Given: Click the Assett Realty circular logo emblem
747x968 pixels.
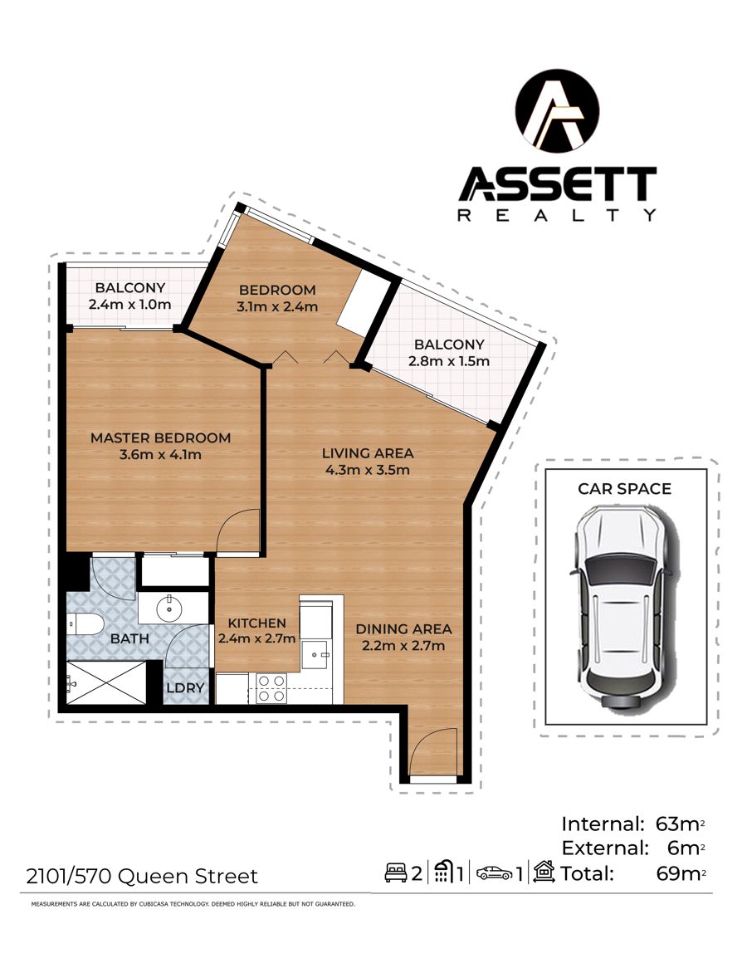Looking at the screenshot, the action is [557, 110].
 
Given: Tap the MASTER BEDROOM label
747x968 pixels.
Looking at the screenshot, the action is [160, 438].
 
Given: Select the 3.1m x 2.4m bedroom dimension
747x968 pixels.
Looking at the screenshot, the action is [277, 306].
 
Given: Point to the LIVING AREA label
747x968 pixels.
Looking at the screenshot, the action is [368, 453].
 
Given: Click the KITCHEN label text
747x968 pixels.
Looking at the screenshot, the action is [256, 623].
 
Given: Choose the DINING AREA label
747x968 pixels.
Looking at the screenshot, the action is [403, 629].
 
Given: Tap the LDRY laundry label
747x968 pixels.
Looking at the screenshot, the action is [185, 687].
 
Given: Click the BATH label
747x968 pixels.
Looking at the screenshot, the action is [129, 638].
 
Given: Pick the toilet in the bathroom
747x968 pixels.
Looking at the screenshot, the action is [84, 624].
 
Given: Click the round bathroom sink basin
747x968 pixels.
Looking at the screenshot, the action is [168, 609].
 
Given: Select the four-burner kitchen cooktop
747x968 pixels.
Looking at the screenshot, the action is [271, 687].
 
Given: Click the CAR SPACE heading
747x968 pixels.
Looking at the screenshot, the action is [624, 488].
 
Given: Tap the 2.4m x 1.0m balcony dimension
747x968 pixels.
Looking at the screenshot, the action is [129, 304].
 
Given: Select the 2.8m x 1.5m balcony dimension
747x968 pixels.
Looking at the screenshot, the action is [449, 360].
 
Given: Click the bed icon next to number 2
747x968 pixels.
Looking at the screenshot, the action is [396, 873].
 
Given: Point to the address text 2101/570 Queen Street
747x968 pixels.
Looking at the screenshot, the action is [142, 876].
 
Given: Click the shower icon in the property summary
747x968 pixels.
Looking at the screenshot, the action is [443, 872].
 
